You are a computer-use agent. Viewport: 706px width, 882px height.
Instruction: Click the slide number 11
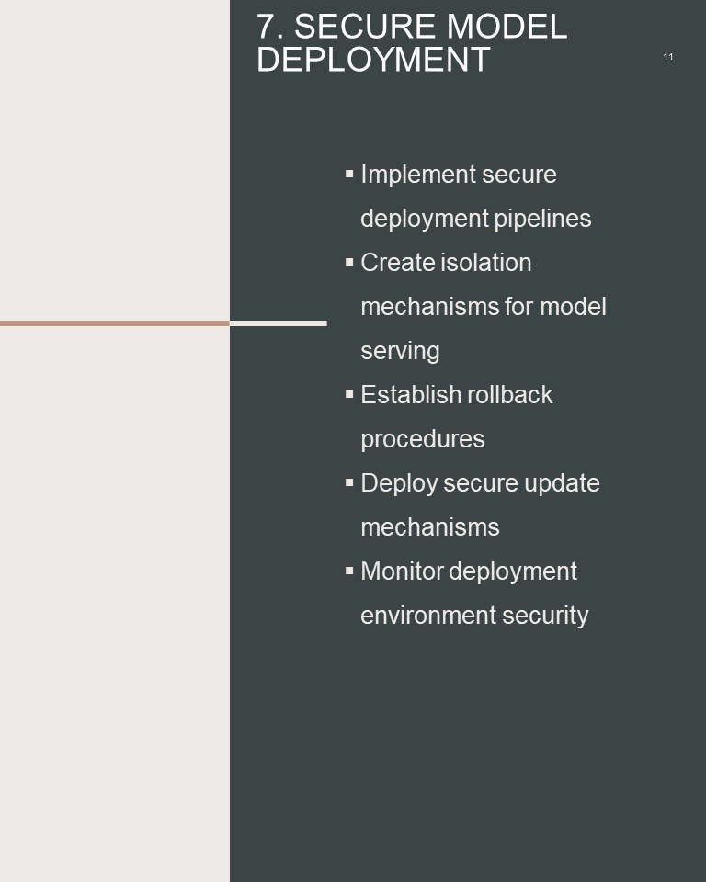click(x=667, y=57)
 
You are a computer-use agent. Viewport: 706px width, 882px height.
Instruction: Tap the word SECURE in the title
click(x=370, y=27)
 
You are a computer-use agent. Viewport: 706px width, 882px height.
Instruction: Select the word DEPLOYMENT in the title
click(x=373, y=60)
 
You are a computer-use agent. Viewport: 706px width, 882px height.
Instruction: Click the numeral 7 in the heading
click(x=266, y=27)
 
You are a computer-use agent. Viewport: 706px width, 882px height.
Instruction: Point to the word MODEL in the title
click(x=507, y=27)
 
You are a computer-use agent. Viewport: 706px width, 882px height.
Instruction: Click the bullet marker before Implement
click(x=349, y=174)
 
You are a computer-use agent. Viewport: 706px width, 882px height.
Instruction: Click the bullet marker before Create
click(x=349, y=262)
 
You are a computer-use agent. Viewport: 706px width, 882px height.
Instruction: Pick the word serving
click(x=400, y=352)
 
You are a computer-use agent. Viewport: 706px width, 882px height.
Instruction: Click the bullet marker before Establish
click(x=349, y=394)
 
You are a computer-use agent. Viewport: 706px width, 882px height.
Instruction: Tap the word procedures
click(x=423, y=439)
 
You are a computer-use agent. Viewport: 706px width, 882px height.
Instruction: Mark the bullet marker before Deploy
click(x=349, y=482)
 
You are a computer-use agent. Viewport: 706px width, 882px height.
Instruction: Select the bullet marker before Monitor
click(x=349, y=571)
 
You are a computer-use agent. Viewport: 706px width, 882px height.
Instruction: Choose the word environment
click(x=427, y=616)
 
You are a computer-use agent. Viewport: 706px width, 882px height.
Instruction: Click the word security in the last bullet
click(x=545, y=616)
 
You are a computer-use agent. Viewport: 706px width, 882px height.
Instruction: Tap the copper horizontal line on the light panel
click(x=115, y=323)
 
